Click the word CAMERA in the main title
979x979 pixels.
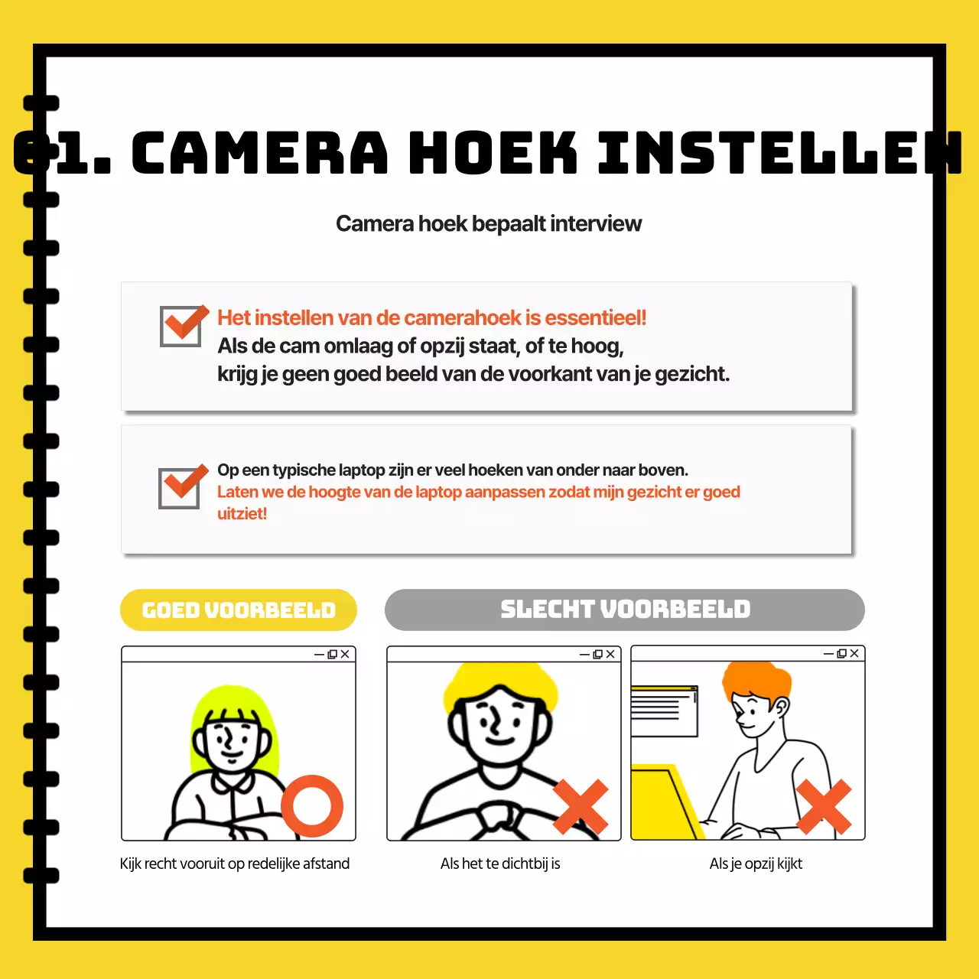click(x=260, y=153)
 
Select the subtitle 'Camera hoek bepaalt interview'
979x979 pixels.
click(x=489, y=223)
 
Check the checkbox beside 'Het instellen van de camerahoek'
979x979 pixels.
click(x=181, y=326)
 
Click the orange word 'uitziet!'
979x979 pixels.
click(x=242, y=513)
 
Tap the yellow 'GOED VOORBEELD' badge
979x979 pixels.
click(x=239, y=610)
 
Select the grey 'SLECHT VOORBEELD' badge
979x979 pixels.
click(x=625, y=609)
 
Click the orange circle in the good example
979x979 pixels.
click(x=312, y=806)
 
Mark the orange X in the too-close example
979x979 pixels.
click(x=581, y=807)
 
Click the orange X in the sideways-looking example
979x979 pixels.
click(x=824, y=807)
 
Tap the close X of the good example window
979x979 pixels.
click(x=345, y=654)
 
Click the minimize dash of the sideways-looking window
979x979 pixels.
click(x=828, y=654)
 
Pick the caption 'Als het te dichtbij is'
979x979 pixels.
click(x=500, y=864)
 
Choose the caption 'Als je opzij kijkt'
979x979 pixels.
click(x=756, y=864)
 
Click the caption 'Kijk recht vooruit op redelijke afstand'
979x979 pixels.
click(x=235, y=864)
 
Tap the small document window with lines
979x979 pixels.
click(x=664, y=711)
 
